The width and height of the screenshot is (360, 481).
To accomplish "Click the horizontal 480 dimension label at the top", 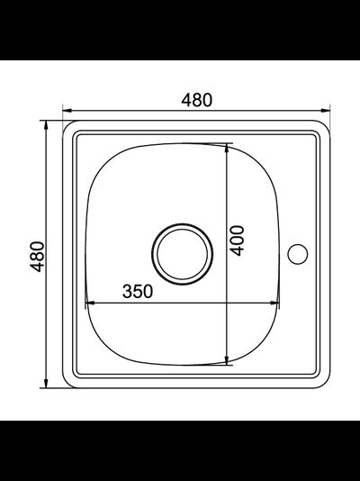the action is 196,100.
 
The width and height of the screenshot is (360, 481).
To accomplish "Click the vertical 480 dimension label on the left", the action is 38,257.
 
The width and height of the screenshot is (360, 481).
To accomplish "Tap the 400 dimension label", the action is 237,240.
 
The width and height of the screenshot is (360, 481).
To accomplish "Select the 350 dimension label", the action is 138,291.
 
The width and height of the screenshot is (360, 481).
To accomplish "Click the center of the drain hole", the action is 183,254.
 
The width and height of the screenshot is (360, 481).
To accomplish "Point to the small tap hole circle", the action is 298,254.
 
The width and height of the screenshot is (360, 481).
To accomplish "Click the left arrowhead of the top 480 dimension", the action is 67,111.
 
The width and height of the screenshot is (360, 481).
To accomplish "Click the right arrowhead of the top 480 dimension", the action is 326,111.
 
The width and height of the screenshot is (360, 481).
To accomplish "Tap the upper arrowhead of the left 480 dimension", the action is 46,125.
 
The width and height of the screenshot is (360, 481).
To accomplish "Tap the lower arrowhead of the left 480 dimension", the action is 46,384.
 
